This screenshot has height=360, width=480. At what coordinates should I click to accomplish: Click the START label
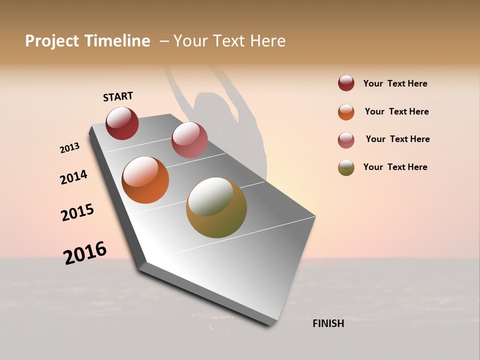[118, 96]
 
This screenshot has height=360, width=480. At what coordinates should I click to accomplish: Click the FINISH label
[328, 323]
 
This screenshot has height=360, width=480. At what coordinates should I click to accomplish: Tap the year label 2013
[69, 148]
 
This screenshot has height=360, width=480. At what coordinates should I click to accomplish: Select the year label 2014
[73, 177]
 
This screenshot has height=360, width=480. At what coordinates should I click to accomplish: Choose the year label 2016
[85, 252]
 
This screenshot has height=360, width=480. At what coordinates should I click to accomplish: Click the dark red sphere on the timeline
[122, 123]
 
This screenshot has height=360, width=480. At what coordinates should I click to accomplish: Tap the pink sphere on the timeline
[189, 139]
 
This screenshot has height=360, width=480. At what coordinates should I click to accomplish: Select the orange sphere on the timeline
[145, 180]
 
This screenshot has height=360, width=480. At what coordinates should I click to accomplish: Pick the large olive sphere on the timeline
[216, 207]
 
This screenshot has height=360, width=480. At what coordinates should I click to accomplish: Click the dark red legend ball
[346, 83]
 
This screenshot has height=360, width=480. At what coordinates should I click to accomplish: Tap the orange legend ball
[346, 112]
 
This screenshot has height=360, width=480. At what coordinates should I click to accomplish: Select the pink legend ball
[346, 140]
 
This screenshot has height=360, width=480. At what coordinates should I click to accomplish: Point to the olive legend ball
[346, 167]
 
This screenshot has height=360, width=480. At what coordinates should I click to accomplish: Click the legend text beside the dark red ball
[395, 83]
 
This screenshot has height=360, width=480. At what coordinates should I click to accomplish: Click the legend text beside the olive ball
[395, 167]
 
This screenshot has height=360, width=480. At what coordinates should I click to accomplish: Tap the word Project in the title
[52, 41]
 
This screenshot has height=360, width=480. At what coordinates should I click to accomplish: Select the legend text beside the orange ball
[396, 111]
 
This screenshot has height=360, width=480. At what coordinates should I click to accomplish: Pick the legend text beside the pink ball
[397, 139]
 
